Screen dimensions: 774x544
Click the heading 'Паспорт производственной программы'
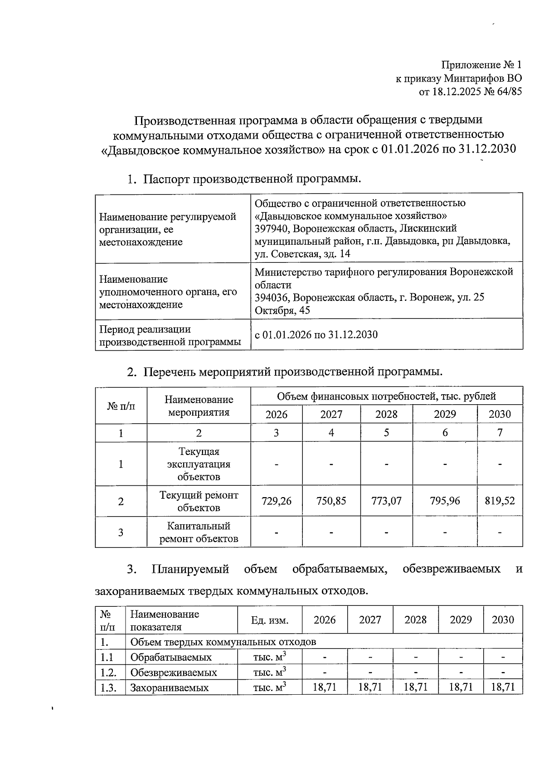coord(252,179)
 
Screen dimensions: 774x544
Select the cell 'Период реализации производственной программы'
coord(170,336)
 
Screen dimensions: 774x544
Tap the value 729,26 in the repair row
coord(277,501)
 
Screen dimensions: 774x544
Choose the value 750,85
coord(331,501)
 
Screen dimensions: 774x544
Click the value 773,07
coord(386,501)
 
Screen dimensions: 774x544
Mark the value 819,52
coord(500,501)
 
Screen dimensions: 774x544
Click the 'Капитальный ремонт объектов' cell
coord(199,532)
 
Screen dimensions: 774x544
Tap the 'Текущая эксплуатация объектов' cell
coord(199,464)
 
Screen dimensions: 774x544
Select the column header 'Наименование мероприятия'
coord(199,406)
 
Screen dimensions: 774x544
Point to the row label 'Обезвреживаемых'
coord(174,672)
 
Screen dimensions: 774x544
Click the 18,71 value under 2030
coord(503,687)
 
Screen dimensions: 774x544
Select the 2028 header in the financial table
coord(386,414)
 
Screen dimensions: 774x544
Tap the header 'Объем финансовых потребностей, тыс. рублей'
coord(386,396)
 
